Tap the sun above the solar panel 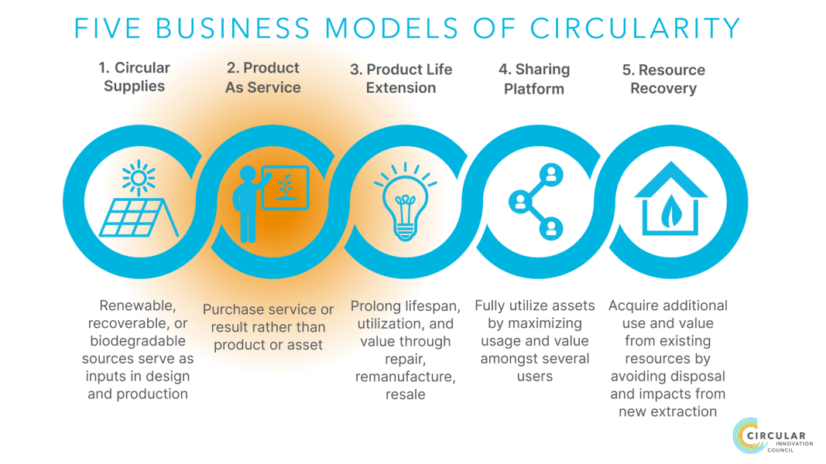[x=138, y=179]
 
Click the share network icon [x=535, y=200]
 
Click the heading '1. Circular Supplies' [x=135, y=77]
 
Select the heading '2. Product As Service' [x=263, y=77]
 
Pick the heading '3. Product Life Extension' [x=401, y=78]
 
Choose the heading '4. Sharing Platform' [x=534, y=79]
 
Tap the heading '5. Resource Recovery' [x=663, y=79]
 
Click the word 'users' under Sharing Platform [x=535, y=377]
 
